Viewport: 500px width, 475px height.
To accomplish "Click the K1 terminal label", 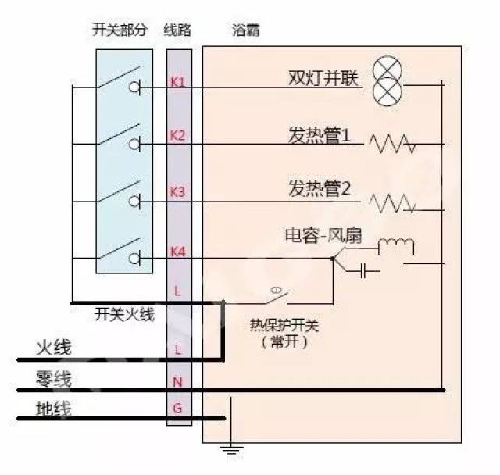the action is pyautogui.click(x=177, y=82).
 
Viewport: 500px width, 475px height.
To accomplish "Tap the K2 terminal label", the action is pyautogui.click(x=177, y=135).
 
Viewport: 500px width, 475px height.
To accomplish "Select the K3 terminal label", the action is pyautogui.click(x=177, y=192).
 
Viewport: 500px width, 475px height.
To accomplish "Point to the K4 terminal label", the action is pyautogui.click(x=178, y=252).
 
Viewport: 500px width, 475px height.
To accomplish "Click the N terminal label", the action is pyautogui.click(x=177, y=382).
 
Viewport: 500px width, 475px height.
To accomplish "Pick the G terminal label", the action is pyautogui.click(x=177, y=408).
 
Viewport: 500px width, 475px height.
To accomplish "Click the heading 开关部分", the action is pyautogui.click(x=120, y=30).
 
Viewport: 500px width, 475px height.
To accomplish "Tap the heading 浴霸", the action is pyautogui.click(x=245, y=30).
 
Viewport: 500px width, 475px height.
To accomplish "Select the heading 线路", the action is pyautogui.click(x=177, y=30).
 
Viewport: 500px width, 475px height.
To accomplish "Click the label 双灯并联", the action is pyautogui.click(x=323, y=77).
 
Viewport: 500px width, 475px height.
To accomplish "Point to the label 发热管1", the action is pyautogui.click(x=320, y=135).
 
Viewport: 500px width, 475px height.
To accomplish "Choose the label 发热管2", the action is pyautogui.click(x=320, y=188).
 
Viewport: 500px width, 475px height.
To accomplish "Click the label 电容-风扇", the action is pyautogui.click(x=323, y=236).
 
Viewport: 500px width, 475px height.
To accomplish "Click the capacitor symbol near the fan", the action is pyautogui.click(x=362, y=271).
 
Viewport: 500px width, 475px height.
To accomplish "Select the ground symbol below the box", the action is pyautogui.click(x=231, y=450).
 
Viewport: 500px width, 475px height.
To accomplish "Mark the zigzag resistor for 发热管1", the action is pyautogui.click(x=392, y=144).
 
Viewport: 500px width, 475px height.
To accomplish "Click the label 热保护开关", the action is pyautogui.click(x=284, y=326).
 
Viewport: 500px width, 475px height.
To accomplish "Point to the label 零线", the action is pyautogui.click(x=54, y=378).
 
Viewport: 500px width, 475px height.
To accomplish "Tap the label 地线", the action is pyautogui.click(x=54, y=409).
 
